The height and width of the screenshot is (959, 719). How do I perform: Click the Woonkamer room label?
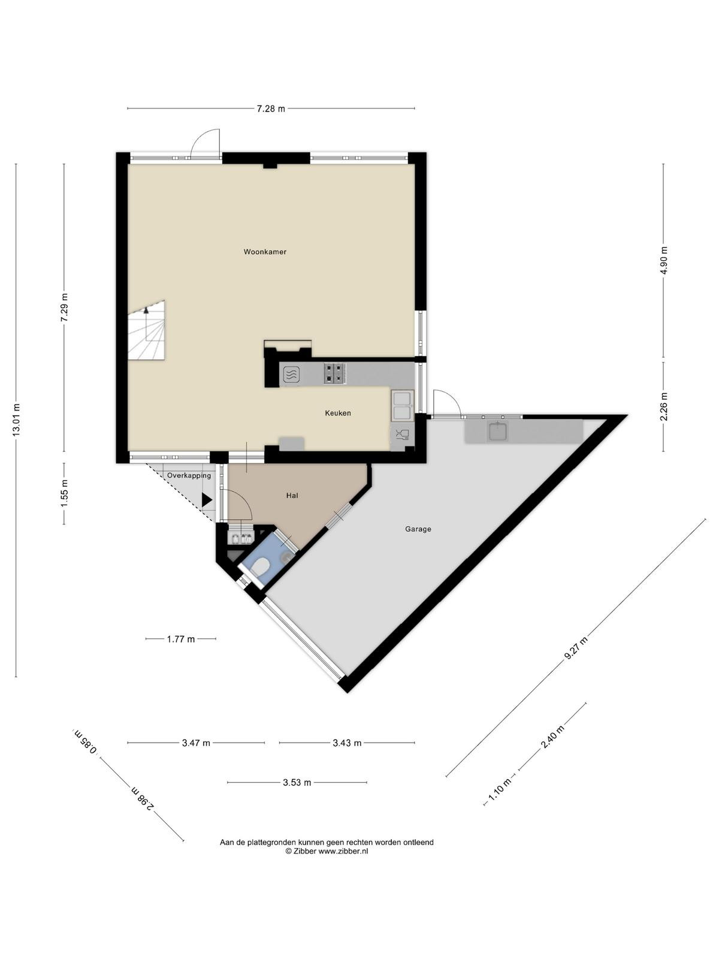265,252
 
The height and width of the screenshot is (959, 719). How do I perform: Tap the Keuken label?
337,413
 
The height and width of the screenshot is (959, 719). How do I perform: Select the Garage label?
418,529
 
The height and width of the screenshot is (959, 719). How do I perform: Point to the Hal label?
292,496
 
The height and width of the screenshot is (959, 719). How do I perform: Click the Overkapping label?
189,476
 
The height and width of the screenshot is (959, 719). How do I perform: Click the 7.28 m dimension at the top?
271,109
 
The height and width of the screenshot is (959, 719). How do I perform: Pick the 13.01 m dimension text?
16,420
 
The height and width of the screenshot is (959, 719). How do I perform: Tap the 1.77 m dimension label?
181,639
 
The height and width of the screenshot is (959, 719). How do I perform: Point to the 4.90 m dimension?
663,260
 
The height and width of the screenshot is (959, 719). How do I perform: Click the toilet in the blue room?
261,568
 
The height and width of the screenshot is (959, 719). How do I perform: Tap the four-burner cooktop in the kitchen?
335,375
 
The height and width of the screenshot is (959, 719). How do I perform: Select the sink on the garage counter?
498,431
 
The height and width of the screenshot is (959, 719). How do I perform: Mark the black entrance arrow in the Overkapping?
207,500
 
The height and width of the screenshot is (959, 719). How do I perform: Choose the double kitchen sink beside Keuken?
402,405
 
